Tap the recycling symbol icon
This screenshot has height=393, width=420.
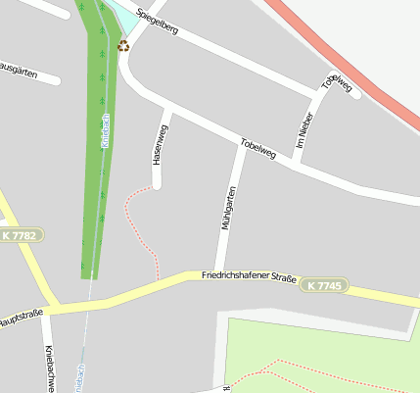pos(123,45)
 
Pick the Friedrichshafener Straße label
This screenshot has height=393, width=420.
pos(249,278)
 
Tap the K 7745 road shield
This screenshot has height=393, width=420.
pos(323,285)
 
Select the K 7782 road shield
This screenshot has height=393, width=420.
pos(20,235)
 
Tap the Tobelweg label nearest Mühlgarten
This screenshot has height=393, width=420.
pos(257,150)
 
